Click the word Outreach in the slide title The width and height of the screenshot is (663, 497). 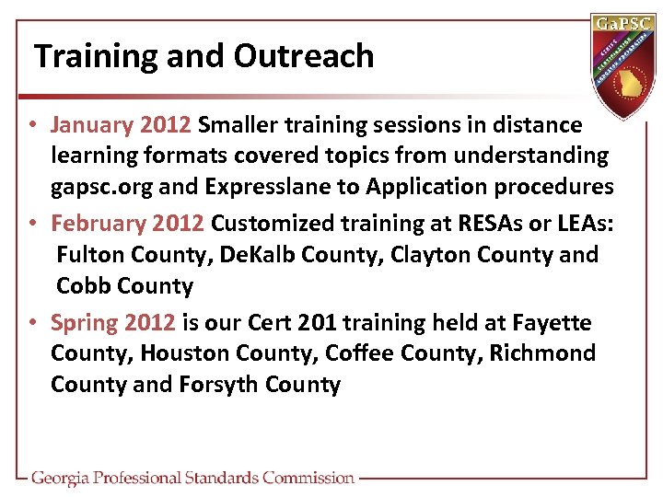(304, 56)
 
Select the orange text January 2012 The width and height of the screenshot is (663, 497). (121, 124)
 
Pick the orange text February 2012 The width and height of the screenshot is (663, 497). (128, 224)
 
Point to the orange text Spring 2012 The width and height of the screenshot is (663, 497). (112, 323)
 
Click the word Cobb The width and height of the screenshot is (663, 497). (84, 286)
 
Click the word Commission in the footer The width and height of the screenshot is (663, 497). (308, 478)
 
